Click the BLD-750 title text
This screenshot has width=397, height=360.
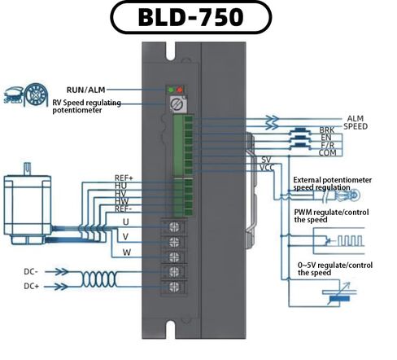[190, 17]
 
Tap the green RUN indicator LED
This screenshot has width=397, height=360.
[171, 90]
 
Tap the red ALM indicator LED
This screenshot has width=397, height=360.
[180, 90]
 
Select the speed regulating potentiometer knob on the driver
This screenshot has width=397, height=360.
[177, 104]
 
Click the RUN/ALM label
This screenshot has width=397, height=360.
[86, 90]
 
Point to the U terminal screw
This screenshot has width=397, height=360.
[174, 226]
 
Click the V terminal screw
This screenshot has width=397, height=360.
[174, 241]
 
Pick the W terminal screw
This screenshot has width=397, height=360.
[174, 257]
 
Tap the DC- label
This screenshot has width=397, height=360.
[31, 271]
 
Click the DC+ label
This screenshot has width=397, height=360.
[32, 286]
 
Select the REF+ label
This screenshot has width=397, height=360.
[124, 178]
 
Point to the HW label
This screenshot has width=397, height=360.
[121, 201]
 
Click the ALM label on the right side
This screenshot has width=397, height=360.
[355, 119]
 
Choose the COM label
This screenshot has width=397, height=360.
[327, 153]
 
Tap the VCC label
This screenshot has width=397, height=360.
[267, 168]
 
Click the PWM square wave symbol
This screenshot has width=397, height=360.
[350, 241]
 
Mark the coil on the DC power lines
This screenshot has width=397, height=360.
[99, 279]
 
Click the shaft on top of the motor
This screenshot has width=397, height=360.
[27, 169]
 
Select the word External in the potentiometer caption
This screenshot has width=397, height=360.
[307, 180]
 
